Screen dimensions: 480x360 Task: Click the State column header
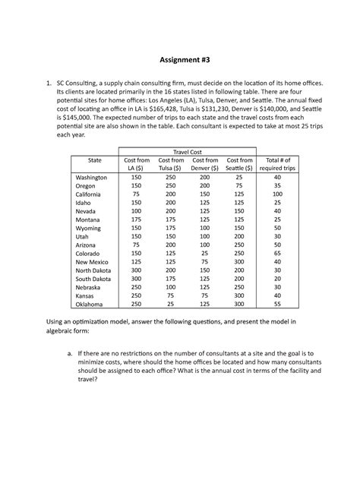coord(94,161)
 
